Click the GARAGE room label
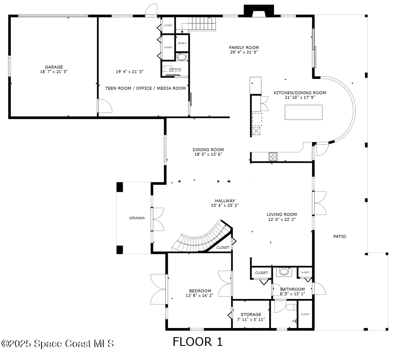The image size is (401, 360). point(54,67)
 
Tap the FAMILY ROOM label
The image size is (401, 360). point(244,47)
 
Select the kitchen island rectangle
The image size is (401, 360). point(303,112)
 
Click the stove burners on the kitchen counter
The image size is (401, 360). point(273,157)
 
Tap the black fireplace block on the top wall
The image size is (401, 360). point(259,11)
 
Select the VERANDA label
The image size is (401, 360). point(137,218)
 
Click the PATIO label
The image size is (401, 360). point(340,236)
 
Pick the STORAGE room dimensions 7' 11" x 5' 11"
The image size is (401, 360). point(251,319)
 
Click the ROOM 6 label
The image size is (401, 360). point(182,43)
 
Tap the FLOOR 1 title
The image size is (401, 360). point(198,342)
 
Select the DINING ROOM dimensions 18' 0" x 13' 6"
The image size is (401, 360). point(208,154)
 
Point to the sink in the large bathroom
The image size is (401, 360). point(284,272)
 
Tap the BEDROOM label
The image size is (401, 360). point(200,291)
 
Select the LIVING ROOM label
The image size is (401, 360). point(281,214)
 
